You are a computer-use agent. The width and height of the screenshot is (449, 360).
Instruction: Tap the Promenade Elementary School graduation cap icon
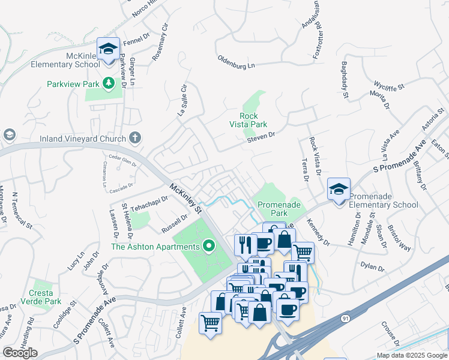[338, 189]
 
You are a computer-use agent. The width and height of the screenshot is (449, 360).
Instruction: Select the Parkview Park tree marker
[109, 82]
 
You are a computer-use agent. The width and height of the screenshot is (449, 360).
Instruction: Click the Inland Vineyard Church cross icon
[135, 138]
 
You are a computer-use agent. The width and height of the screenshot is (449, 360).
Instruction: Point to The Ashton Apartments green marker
[209, 245]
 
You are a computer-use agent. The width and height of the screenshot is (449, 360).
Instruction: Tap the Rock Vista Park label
[249, 120]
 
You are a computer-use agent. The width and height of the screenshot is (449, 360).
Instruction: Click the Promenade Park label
[278, 209]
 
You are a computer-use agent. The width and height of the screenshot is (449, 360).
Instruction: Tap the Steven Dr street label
[261, 138]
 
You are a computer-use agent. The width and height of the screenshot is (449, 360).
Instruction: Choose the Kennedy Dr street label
[318, 232]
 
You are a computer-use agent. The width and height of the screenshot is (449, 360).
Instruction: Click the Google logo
[20, 353]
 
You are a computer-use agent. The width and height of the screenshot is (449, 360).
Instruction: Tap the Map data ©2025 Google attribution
[411, 355]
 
